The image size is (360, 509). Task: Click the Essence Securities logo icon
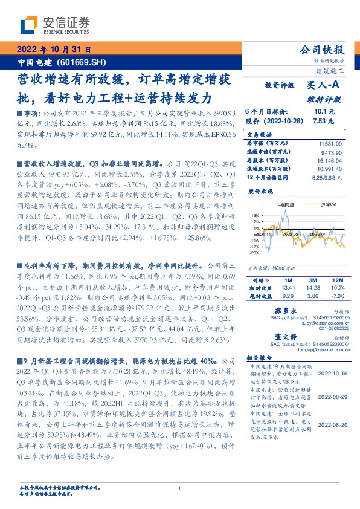click(31, 25)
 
